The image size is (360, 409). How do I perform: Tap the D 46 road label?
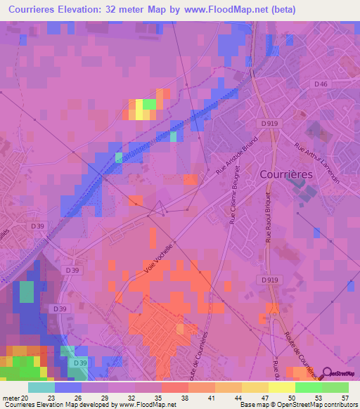[x=321, y=84]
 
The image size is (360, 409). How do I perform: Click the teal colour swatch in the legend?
[x=41, y=387]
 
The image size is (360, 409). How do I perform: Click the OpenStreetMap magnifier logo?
[x=328, y=375]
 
